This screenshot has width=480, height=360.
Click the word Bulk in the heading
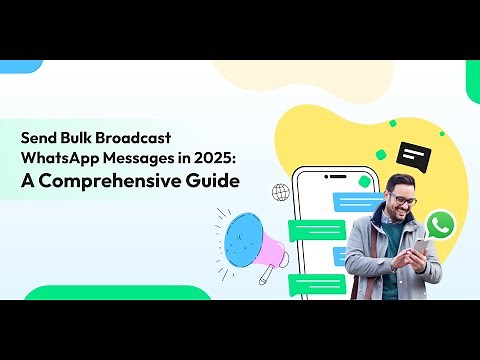pyautogui.click(x=89, y=140)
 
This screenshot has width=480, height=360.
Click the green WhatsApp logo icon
pyautogui.click(x=439, y=223)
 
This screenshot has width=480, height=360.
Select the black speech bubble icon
pyautogui.click(x=412, y=153)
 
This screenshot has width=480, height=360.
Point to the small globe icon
pyautogui.click(x=280, y=191)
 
